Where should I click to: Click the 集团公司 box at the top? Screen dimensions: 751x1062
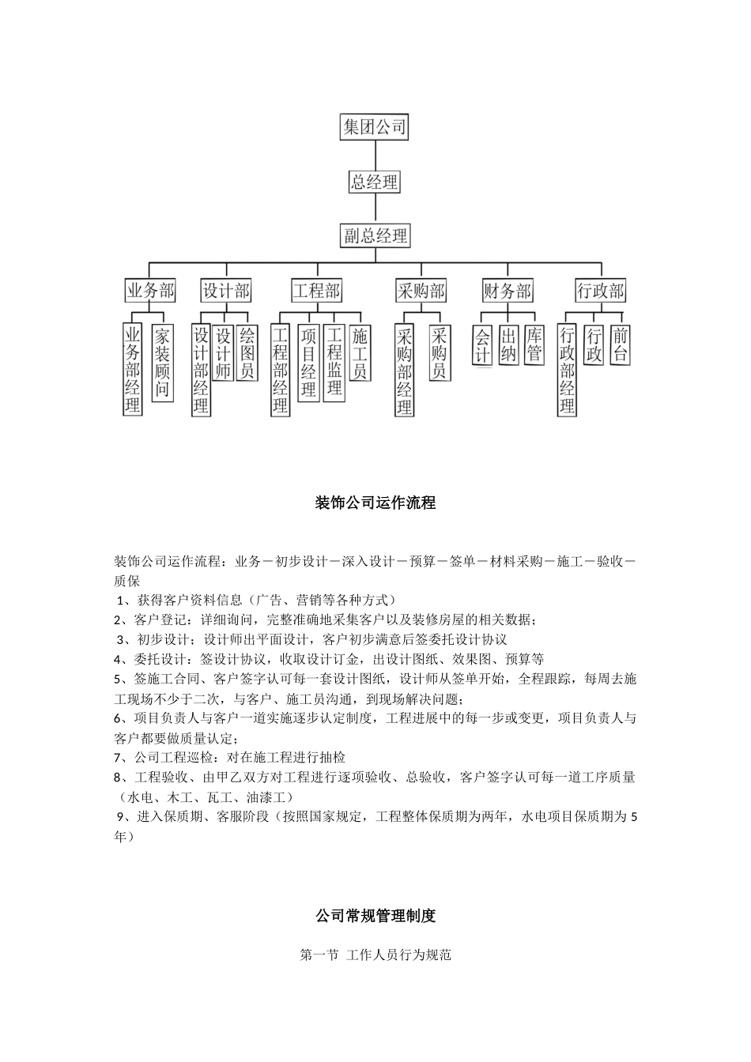(x=375, y=126)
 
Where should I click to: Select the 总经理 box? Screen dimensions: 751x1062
(x=375, y=182)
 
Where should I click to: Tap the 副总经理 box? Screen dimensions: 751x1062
(x=375, y=235)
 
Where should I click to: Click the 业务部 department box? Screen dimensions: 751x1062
(x=150, y=291)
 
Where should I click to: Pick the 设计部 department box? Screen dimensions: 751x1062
(x=226, y=291)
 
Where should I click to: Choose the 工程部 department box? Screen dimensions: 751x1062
(x=316, y=291)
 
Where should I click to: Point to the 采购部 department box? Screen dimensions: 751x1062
(x=421, y=291)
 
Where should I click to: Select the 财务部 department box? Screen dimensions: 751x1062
(x=508, y=291)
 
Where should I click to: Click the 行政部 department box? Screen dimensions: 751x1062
(x=601, y=291)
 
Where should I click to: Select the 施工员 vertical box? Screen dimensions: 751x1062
(x=360, y=352)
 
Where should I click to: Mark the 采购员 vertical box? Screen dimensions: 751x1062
(x=440, y=352)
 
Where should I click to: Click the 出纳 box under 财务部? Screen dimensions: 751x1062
(x=508, y=345)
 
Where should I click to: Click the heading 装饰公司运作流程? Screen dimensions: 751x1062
(x=375, y=503)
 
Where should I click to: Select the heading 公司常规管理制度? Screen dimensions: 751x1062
(x=375, y=916)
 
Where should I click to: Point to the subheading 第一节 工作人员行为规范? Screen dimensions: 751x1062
(x=375, y=955)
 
